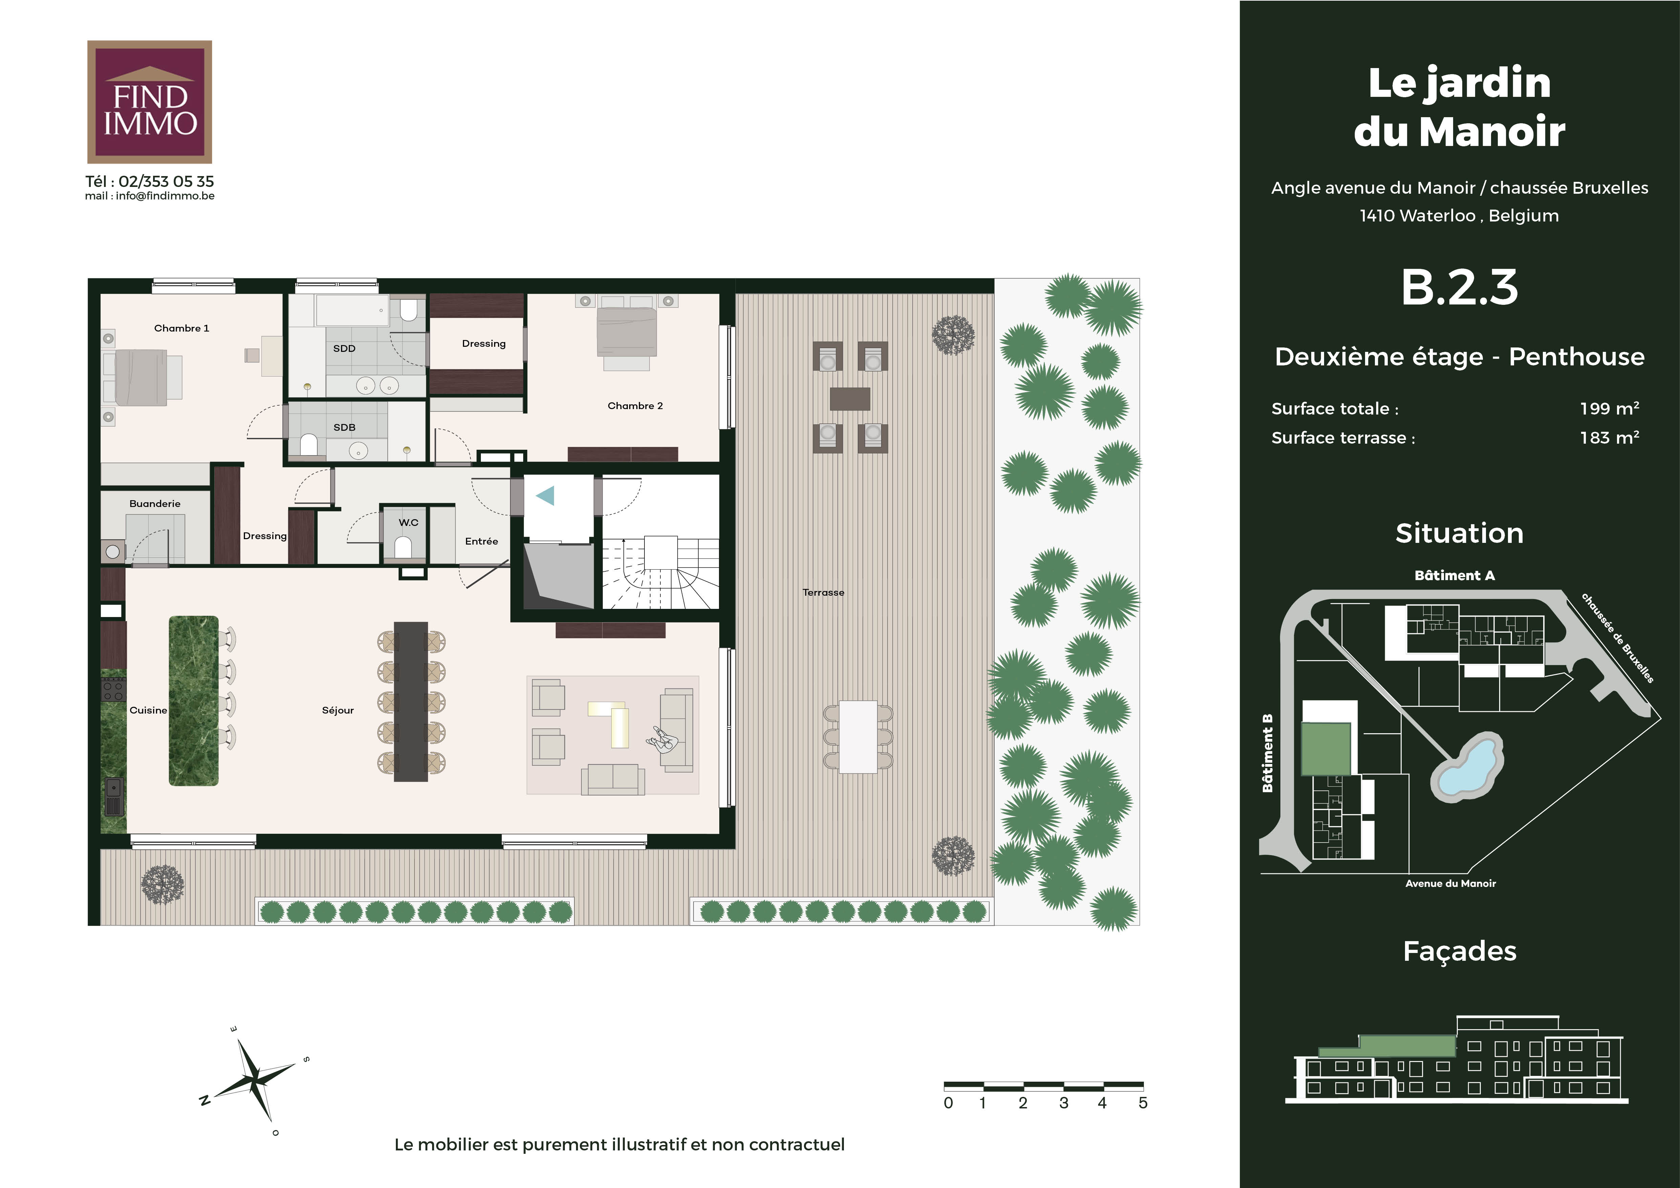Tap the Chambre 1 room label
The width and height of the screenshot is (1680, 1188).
pos(182,328)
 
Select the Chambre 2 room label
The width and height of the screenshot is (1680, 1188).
pos(635,406)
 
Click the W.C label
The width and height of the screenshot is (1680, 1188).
pos(408,522)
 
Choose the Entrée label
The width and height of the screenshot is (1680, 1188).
pos(482,541)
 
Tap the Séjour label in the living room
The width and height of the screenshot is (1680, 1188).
pos(338,710)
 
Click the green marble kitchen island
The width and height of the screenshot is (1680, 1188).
pos(194,701)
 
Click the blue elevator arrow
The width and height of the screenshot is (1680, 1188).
pos(546,496)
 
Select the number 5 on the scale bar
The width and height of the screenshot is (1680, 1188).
pos(1143,1103)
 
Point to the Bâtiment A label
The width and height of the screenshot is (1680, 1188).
pos(1455,576)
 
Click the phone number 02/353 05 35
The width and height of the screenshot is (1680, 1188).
pos(166,182)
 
